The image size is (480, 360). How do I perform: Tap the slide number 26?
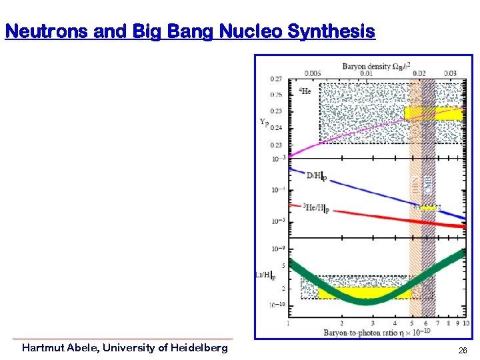point(463,351)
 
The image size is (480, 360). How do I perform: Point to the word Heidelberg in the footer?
point(199,347)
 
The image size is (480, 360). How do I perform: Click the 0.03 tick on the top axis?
point(450,73)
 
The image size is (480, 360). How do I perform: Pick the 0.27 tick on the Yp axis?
point(275,79)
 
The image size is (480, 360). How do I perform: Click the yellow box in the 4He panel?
point(433,113)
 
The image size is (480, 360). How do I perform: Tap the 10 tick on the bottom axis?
point(465,323)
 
